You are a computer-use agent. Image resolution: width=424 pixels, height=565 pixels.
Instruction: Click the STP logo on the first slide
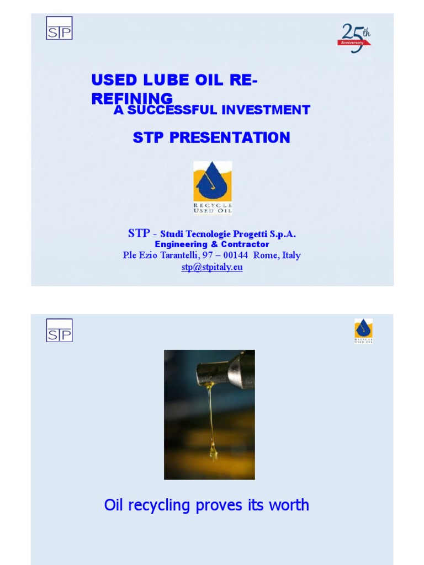point(59,28)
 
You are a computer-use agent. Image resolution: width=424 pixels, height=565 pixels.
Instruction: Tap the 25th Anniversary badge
point(354,38)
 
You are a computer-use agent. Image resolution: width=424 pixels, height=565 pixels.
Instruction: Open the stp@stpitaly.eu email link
point(212,267)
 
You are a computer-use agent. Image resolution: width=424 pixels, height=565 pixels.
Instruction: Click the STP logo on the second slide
point(59,330)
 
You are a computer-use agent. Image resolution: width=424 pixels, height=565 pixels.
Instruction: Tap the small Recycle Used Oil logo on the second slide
point(363,331)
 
